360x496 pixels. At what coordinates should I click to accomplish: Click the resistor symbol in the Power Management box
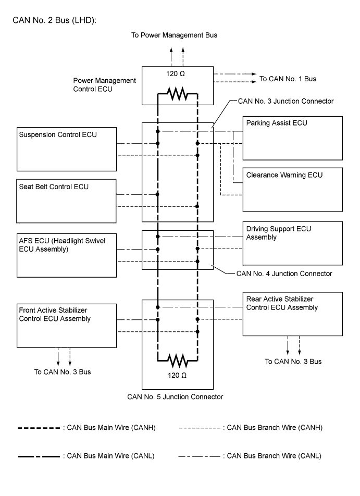click(x=177, y=95)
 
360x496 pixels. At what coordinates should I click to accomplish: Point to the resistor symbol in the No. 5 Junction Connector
click(x=177, y=360)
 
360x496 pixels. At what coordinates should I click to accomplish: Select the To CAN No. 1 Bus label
click(x=288, y=79)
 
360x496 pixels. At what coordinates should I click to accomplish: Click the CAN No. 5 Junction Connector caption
click(x=175, y=396)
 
